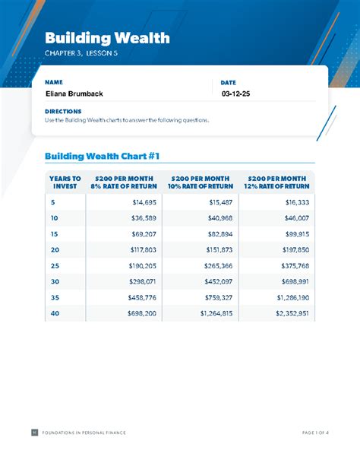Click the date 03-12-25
point(235,94)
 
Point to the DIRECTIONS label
point(62,111)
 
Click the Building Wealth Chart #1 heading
point(102,156)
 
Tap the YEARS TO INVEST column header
point(65,182)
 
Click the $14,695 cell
point(144,202)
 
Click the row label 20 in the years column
point(55,250)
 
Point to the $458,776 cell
point(142,297)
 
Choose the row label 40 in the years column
point(55,313)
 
